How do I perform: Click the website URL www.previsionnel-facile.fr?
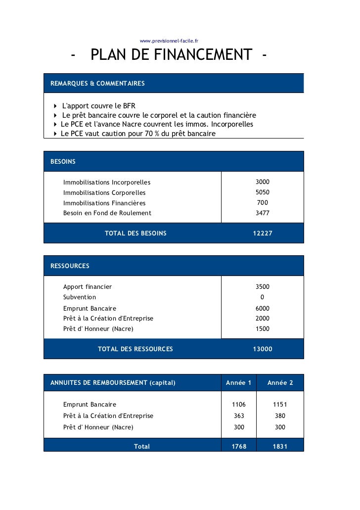click(169, 41)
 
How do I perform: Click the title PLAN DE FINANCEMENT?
click(171, 55)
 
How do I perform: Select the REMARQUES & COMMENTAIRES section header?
click(97, 84)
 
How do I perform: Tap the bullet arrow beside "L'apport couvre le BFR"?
click(55, 106)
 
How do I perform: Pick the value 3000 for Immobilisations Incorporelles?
click(262, 182)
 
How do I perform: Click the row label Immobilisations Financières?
click(104, 203)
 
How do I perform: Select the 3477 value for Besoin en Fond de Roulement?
click(262, 213)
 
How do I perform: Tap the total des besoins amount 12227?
click(262, 233)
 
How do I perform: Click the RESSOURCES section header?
click(70, 266)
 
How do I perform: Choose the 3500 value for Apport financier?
click(262, 286)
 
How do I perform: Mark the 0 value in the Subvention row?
click(262, 297)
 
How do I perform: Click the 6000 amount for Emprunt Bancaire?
click(262, 308)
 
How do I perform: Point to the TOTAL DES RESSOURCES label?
click(135, 349)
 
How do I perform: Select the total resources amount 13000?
click(262, 349)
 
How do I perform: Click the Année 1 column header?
click(238, 383)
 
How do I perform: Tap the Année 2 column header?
click(280, 383)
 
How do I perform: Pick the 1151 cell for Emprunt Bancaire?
click(280, 405)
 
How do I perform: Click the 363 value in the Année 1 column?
click(239, 416)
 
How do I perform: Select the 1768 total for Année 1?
click(239, 446)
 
